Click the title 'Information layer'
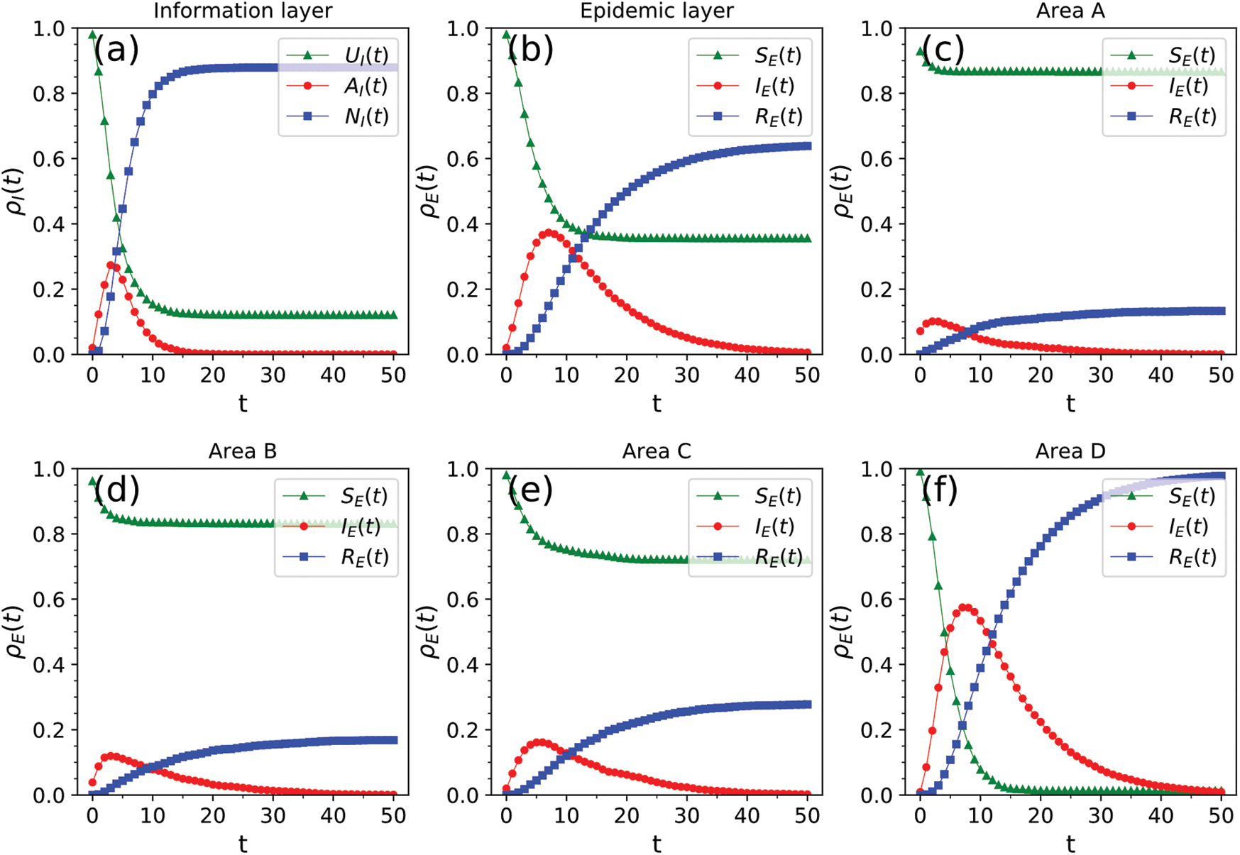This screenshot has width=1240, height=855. click(243, 11)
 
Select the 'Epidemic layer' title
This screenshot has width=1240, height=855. click(657, 11)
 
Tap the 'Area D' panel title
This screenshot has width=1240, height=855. click(1070, 451)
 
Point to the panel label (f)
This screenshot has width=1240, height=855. click(940, 489)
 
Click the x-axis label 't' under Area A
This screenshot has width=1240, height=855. click(1070, 403)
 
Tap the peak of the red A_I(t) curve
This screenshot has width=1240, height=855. click(110, 265)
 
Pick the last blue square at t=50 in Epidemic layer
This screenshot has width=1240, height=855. click(807, 146)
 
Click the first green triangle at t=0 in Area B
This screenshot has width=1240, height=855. click(92, 482)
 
